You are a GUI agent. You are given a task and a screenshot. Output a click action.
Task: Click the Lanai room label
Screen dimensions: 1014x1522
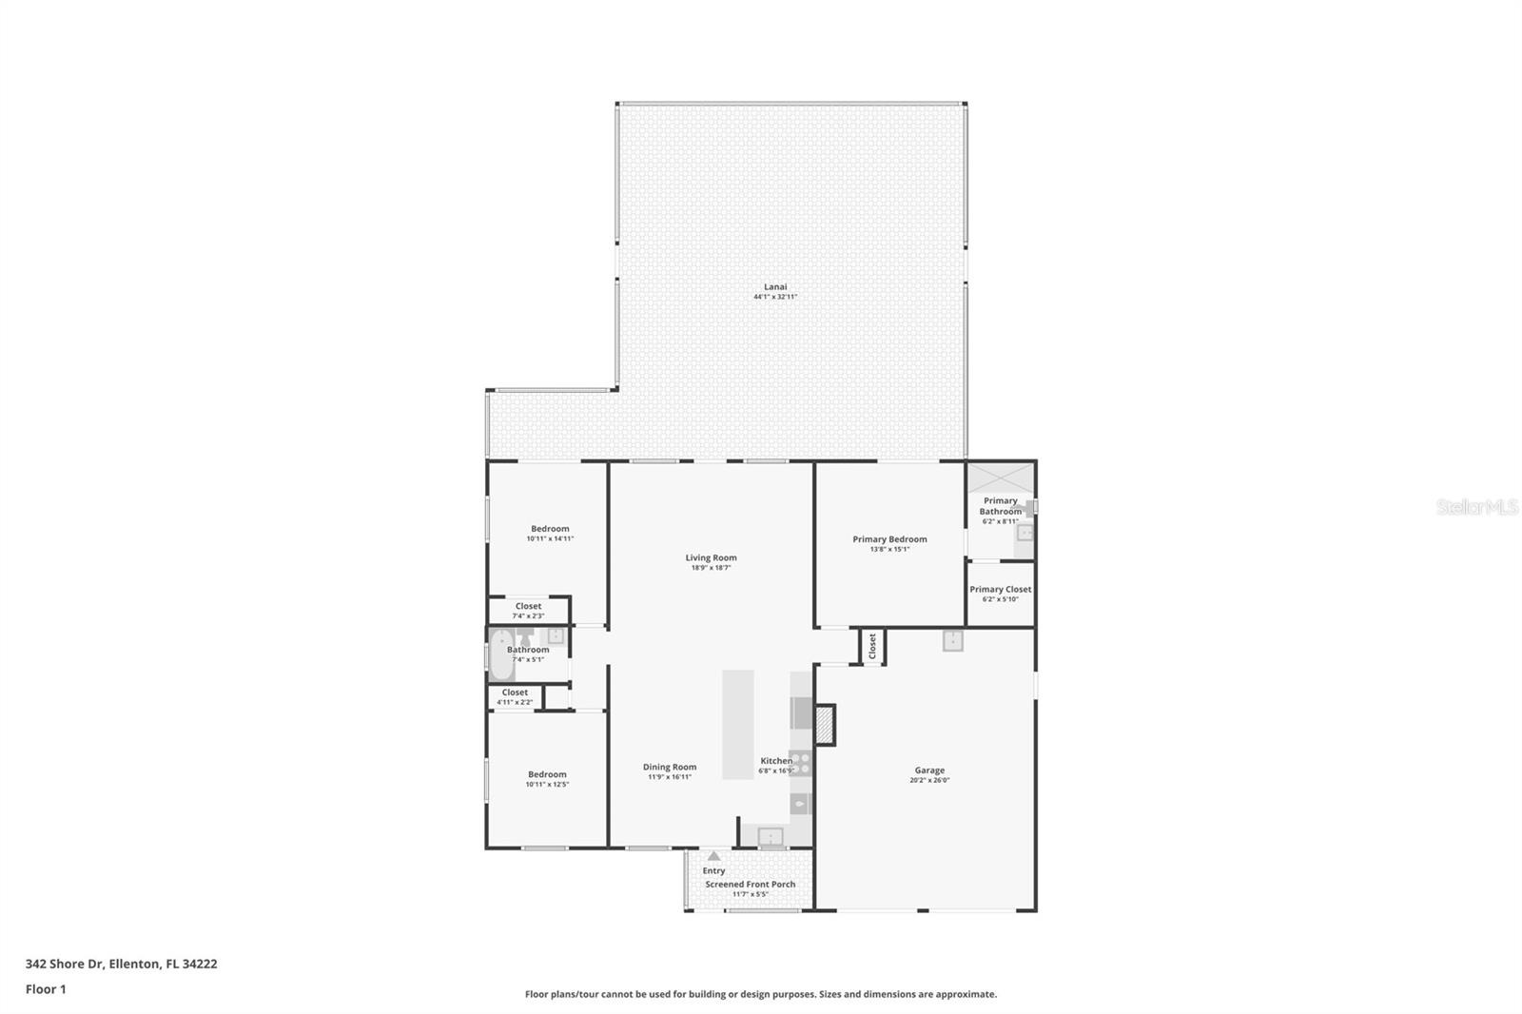coord(775,286)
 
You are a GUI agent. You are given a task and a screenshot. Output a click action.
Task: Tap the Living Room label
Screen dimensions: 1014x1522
coord(711,558)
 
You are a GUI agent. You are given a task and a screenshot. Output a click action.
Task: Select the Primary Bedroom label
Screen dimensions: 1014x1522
coord(889,539)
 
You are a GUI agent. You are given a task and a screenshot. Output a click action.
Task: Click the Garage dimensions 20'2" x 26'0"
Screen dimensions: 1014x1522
coord(929,781)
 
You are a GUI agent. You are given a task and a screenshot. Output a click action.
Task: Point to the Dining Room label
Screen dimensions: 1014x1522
coord(670,767)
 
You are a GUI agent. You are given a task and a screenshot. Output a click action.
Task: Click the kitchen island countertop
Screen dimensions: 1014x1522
coord(737,723)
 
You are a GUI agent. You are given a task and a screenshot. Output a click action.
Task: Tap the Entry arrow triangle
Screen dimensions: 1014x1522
coord(714,856)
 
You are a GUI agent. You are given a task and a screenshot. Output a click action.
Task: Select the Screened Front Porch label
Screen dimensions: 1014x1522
coord(750,885)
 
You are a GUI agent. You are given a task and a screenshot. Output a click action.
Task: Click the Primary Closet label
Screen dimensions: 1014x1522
coord(1000,590)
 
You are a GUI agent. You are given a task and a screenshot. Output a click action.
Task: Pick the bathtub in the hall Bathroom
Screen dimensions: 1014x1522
coord(500,653)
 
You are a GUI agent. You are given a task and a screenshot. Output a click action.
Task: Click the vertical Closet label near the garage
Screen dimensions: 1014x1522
coord(872,646)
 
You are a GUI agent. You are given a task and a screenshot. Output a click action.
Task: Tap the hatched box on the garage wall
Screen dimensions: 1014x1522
coord(825,725)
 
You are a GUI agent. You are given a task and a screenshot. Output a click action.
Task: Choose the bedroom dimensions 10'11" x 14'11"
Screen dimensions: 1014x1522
coord(550,539)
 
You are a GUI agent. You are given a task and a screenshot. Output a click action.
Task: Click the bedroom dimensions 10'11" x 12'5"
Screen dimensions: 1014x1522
coord(547,785)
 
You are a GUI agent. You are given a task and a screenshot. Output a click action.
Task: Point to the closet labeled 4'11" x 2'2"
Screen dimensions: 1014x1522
coord(515,697)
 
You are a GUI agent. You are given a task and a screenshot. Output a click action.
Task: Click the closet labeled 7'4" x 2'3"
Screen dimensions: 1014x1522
coord(528,611)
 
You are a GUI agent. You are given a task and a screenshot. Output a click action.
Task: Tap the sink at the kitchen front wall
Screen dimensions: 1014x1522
coord(771,837)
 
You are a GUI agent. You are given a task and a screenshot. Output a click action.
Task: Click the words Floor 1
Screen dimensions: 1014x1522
coord(46,989)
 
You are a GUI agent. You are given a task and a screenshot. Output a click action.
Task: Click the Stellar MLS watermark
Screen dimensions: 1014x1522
coord(1476,507)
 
